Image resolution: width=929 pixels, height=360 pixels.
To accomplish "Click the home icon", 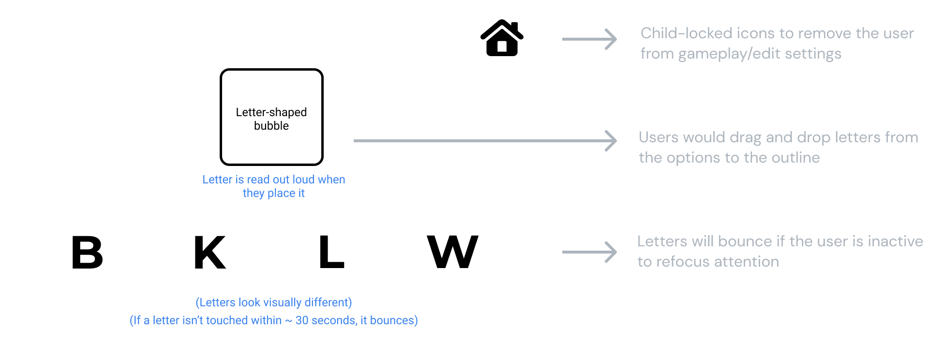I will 502,38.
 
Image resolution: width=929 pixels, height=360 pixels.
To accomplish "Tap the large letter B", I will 88,252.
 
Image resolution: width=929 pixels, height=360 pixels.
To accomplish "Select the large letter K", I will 210,252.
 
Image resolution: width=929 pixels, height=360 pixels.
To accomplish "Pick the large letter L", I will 331,252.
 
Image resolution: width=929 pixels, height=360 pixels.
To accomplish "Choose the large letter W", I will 452,252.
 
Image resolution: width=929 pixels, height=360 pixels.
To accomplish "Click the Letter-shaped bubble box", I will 271,117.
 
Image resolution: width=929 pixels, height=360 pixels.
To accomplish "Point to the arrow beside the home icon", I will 589,39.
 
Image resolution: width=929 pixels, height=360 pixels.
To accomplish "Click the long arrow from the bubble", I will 484,141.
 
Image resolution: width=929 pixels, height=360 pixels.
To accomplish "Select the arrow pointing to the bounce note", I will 589,252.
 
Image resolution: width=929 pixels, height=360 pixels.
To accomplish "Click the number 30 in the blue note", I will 301,320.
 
